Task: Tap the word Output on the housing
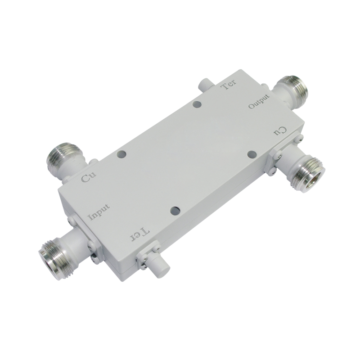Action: pos(259,102)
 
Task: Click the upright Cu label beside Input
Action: pos(89,177)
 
